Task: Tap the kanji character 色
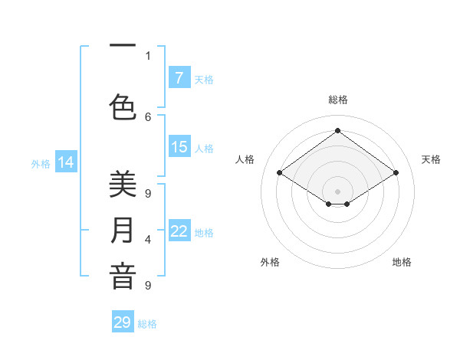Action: (x=123, y=106)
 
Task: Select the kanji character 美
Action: (x=123, y=185)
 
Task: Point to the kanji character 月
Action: (x=123, y=231)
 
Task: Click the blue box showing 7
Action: (x=179, y=77)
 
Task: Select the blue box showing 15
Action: (x=179, y=147)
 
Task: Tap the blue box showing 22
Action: (x=179, y=231)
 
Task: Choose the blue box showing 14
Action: (x=66, y=162)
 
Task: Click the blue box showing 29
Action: (x=123, y=322)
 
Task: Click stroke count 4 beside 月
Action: (x=148, y=240)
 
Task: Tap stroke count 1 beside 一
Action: (x=148, y=55)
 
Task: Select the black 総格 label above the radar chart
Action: (x=338, y=100)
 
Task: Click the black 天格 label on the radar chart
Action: (x=431, y=159)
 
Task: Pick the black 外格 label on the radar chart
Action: (x=270, y=262)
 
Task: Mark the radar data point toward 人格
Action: (x=280, y=173)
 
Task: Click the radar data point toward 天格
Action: (x=396, y=173)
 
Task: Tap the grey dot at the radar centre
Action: (x=337, y=190)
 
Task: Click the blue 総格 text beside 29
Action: (x=148, y=324)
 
